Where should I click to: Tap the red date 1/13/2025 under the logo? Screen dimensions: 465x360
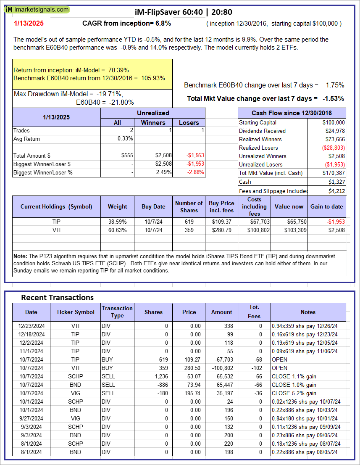coord(28,24)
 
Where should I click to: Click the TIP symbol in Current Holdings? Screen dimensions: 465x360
coord(57,222)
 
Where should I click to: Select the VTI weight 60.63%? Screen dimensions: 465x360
coord(118,230)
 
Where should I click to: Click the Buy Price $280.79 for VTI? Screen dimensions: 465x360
coord(222,230)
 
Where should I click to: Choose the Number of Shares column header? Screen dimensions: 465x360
coord(189,206)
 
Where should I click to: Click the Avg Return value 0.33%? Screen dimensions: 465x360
coord(126,139)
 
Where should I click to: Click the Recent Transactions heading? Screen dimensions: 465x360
coord(58,298)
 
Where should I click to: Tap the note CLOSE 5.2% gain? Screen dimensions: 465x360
coord(294,393)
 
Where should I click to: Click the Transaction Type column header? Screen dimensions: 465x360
coord(117,312)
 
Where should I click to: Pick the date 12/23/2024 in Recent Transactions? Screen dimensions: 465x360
coord(31,326)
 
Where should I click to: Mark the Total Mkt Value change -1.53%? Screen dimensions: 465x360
coord(334,98)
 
